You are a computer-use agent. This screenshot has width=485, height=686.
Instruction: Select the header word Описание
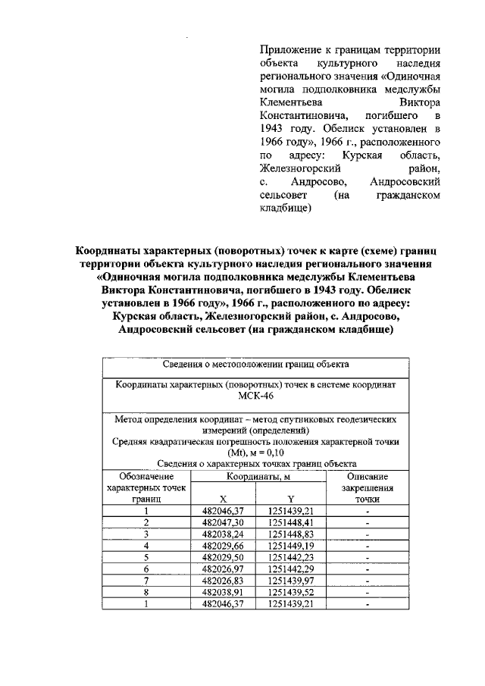point(367,476)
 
